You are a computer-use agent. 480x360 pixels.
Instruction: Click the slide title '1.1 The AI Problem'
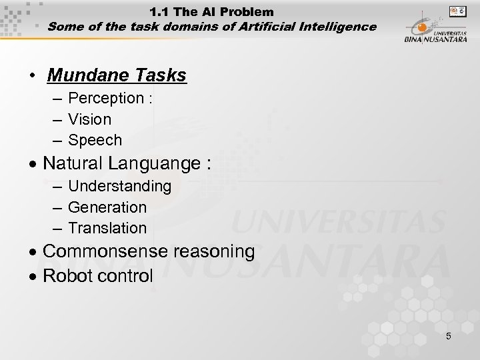coord(211,11)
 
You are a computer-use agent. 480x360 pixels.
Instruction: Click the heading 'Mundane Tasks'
coord(117,75)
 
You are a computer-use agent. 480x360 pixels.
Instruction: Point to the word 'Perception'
coord(106,98)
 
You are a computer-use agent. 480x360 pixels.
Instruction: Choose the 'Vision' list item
coord(90,119)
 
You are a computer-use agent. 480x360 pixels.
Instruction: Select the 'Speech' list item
coord(95,140)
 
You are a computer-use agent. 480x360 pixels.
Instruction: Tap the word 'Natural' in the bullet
coord(74,163)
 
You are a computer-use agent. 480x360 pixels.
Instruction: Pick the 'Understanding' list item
coord(120,186)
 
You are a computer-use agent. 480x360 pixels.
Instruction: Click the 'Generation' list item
coord(107,207)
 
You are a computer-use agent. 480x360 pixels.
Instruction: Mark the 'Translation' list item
coord(107,228)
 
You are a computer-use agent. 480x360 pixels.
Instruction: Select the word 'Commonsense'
coord(105,251)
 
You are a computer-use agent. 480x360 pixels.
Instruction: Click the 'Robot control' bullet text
coord(98,275)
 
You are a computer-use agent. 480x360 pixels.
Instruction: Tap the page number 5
coord(449,336)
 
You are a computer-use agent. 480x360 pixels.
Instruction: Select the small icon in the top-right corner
coord(458,11)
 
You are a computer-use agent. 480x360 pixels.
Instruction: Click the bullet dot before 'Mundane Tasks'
coord(31,76)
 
